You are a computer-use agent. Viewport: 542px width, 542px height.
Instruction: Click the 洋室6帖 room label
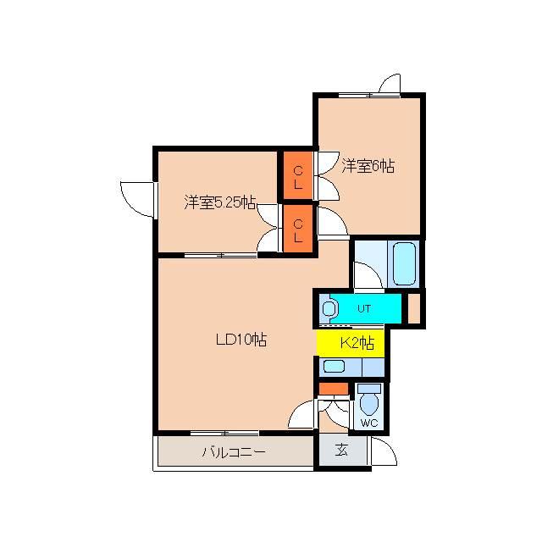368,166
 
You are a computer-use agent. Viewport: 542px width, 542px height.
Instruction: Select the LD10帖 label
241,340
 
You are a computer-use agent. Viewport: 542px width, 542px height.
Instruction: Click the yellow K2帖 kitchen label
357,343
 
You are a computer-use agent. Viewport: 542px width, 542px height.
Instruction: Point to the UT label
364,309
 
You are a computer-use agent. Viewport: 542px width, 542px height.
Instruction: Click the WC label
368,423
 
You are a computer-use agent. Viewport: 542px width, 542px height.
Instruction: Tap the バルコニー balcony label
234,452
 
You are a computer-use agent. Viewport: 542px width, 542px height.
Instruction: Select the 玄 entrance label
340,451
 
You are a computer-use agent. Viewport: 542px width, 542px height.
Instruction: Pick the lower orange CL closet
297,230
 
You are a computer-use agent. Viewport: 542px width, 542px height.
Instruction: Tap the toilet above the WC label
368,399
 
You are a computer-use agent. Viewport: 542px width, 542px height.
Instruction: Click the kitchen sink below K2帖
334,367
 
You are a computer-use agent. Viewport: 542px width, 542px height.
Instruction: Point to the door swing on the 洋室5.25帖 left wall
135,196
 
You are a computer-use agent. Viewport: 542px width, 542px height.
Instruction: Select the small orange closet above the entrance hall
334,389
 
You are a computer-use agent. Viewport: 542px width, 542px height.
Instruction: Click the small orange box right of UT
414,308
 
